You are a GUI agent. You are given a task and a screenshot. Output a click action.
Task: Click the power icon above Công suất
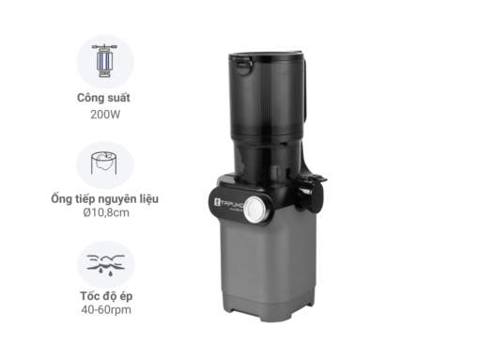click(104, 60)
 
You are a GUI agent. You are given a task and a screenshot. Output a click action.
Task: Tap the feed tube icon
click(104, 164)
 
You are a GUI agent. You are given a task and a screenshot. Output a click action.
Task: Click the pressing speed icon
click(104, 264)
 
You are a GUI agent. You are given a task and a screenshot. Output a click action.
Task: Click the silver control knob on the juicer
click(253, 211)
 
